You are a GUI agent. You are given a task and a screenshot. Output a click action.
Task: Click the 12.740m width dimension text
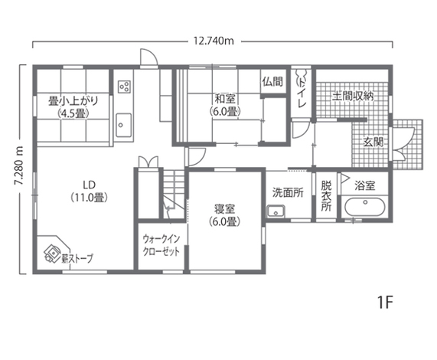pyautogui.click(x=214, y=41)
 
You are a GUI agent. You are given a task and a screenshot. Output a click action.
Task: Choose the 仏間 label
pyautogui.click(x=272, y=81)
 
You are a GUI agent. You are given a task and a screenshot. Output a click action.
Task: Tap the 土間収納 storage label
pyautogui.click(x=352, y=97)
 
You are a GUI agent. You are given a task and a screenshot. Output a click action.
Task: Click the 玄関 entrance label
pyautogui.click(x=373, y=142)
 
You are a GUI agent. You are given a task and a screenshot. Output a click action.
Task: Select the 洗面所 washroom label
pyautogui.click(x=288, y=192)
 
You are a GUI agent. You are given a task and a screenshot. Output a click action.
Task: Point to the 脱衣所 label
pyautogui.click(x=327, y=195)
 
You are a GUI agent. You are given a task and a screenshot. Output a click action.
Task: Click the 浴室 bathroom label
pyautogui.click(x=365, y=185)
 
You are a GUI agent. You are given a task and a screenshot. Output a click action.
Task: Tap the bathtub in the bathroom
pyautogui.click(x=364, y=208)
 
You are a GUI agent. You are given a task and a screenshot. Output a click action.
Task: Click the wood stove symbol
pyautogui.click(x=53, y=250)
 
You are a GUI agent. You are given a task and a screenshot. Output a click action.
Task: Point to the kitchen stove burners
pyautogui.click(x=124, y=84)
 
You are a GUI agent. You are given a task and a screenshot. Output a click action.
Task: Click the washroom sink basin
pyautogui.click(x=277, y=212)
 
